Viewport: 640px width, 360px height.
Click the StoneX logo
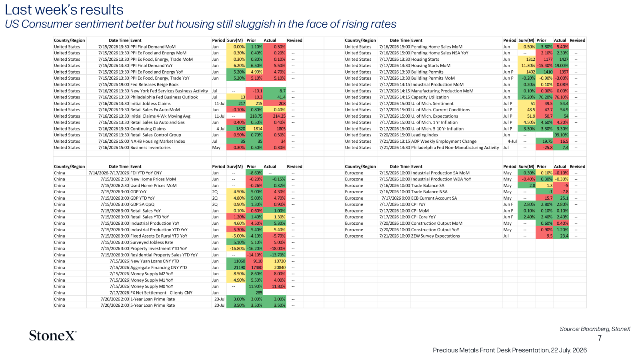click(52, 336)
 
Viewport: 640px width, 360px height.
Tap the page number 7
click(600, 338)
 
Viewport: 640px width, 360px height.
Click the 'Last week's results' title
click(64, 10)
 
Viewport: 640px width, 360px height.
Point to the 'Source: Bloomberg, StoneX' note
click(595, 329)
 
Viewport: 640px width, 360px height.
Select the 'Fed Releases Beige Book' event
click(154, 84)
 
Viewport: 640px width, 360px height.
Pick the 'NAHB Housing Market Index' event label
click(158, 141)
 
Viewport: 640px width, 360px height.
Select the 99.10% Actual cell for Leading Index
click(561, 135)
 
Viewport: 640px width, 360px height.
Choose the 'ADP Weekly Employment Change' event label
click(444, 141)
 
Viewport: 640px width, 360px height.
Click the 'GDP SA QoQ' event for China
click(142, 204)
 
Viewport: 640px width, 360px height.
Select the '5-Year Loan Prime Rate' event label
click(152, 305)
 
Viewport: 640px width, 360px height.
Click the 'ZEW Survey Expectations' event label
click(436, 236)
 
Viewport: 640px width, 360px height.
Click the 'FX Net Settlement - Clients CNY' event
click(161, 292)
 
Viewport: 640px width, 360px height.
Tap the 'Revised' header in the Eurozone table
click(578, 166)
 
